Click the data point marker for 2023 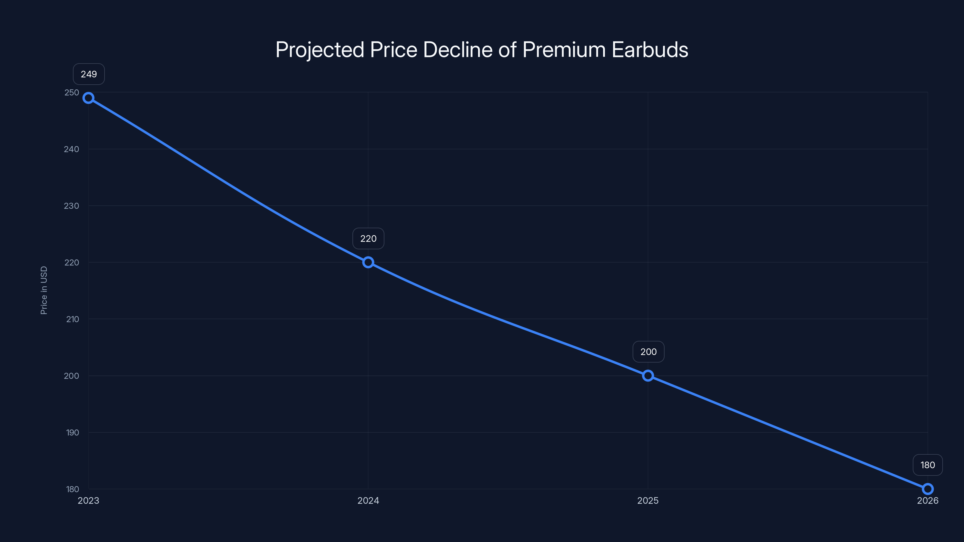(88, 98)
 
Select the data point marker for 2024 (368, 262)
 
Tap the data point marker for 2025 (648, 375)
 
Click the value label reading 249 (89, 74)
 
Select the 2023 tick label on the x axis (88, 500)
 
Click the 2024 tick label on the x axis (368, 500)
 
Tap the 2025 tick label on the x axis (648, 500)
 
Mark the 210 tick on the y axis (73, 319)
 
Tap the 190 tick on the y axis (73, 432)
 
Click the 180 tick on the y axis (73, 489)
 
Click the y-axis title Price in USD (44, 290)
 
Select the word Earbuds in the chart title (650, 49)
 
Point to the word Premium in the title (564, 49)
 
